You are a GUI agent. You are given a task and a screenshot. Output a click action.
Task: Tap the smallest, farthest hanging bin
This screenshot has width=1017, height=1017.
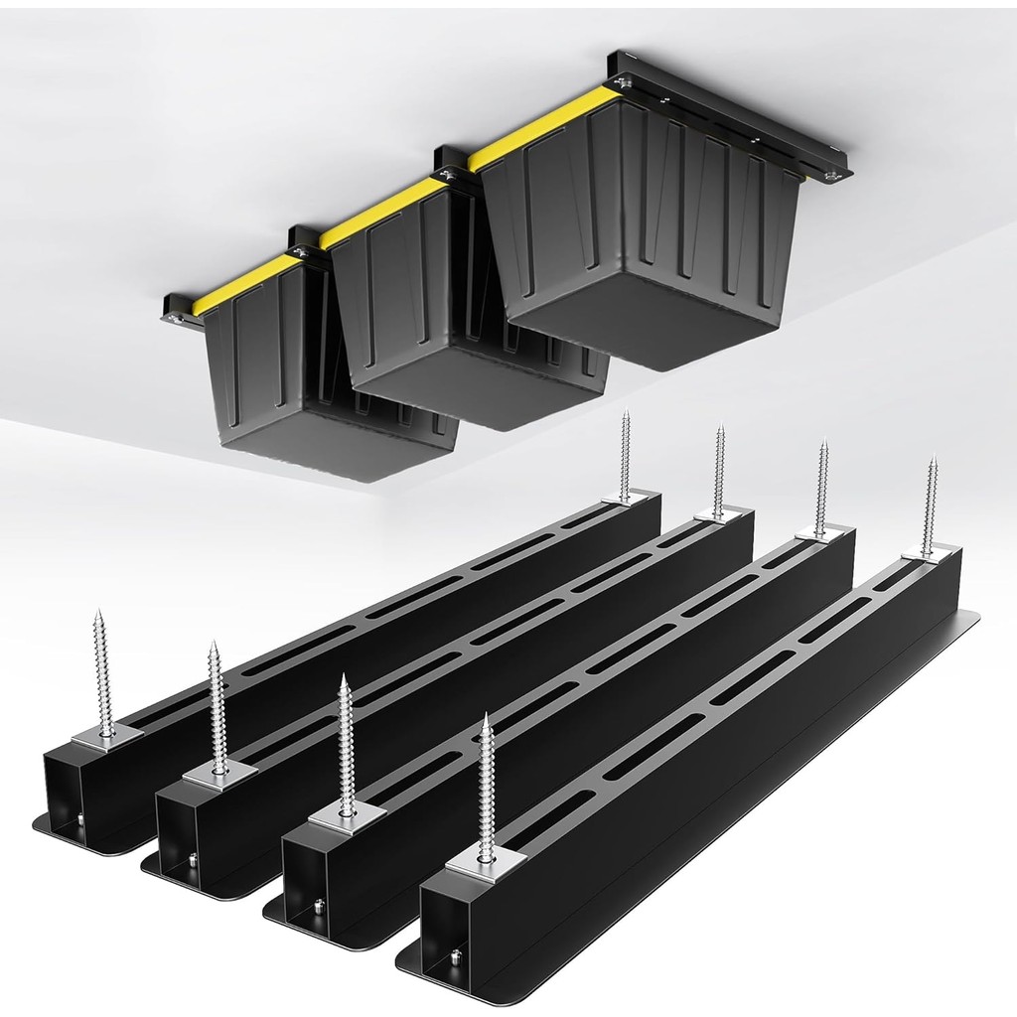click(x=268, y=358)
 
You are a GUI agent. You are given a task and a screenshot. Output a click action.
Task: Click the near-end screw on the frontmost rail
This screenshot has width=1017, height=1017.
click(x=486, y=785)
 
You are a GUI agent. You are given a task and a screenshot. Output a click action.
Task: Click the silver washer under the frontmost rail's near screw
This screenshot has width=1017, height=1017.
click(x=486, y=864)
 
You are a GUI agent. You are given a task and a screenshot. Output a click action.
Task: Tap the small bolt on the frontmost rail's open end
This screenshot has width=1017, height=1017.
click(x=454, y=956)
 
